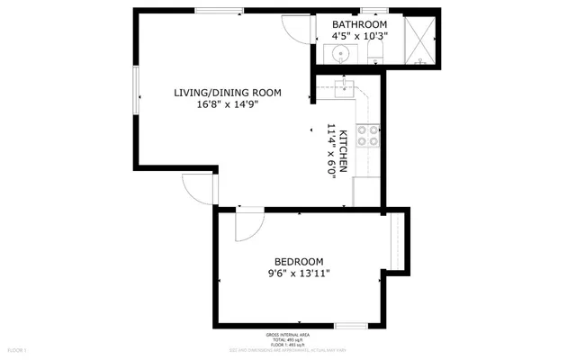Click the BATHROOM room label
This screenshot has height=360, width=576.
point(359,24)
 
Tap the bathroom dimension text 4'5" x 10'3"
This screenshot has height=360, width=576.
point(359,37)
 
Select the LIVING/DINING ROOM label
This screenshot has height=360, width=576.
point(228,93)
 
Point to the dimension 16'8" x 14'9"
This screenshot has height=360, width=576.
point(228,105)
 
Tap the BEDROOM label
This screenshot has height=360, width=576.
point(299,262)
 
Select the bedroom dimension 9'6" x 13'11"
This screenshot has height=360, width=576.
point(299,274)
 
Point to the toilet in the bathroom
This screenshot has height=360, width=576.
point(376,53)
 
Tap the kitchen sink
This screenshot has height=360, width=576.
point(343,88)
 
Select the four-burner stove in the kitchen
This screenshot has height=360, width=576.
point(368,135)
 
